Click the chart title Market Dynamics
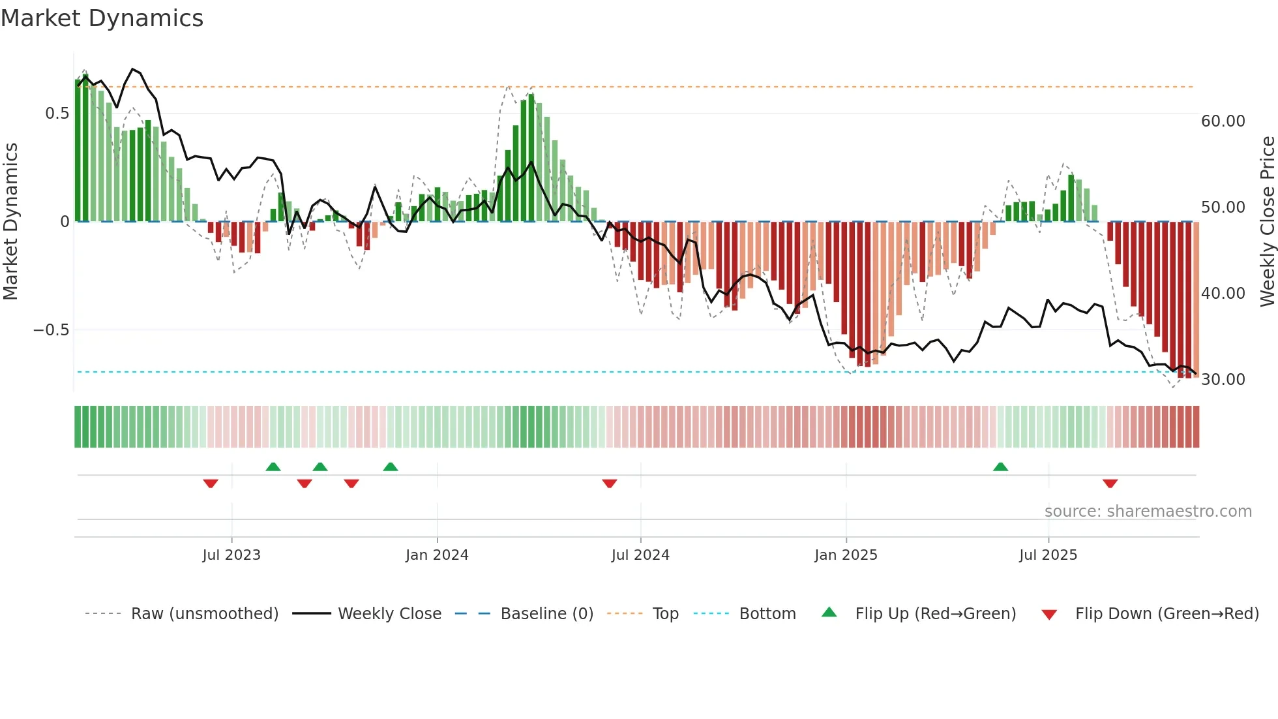tap(102, 18)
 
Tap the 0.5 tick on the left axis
tap(57, 114)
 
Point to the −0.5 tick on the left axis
tap(52, 330)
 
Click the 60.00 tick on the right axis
tap(1223, 121)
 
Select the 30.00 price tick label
tap(1223, 380)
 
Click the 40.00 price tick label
tap(1223, 294)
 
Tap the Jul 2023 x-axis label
tap(231, 555)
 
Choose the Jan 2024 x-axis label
tap(437, 555)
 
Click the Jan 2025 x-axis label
tap(846, 555)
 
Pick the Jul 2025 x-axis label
tap(1048, 555)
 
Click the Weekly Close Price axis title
tap(1267, 221)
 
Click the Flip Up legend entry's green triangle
tap(829, 613)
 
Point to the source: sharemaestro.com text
tap(1148, 512)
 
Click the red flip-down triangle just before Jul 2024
tap(610, 483)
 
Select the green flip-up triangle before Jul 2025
tap(1000, 467)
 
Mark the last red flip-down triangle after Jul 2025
tap(1110, 483)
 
